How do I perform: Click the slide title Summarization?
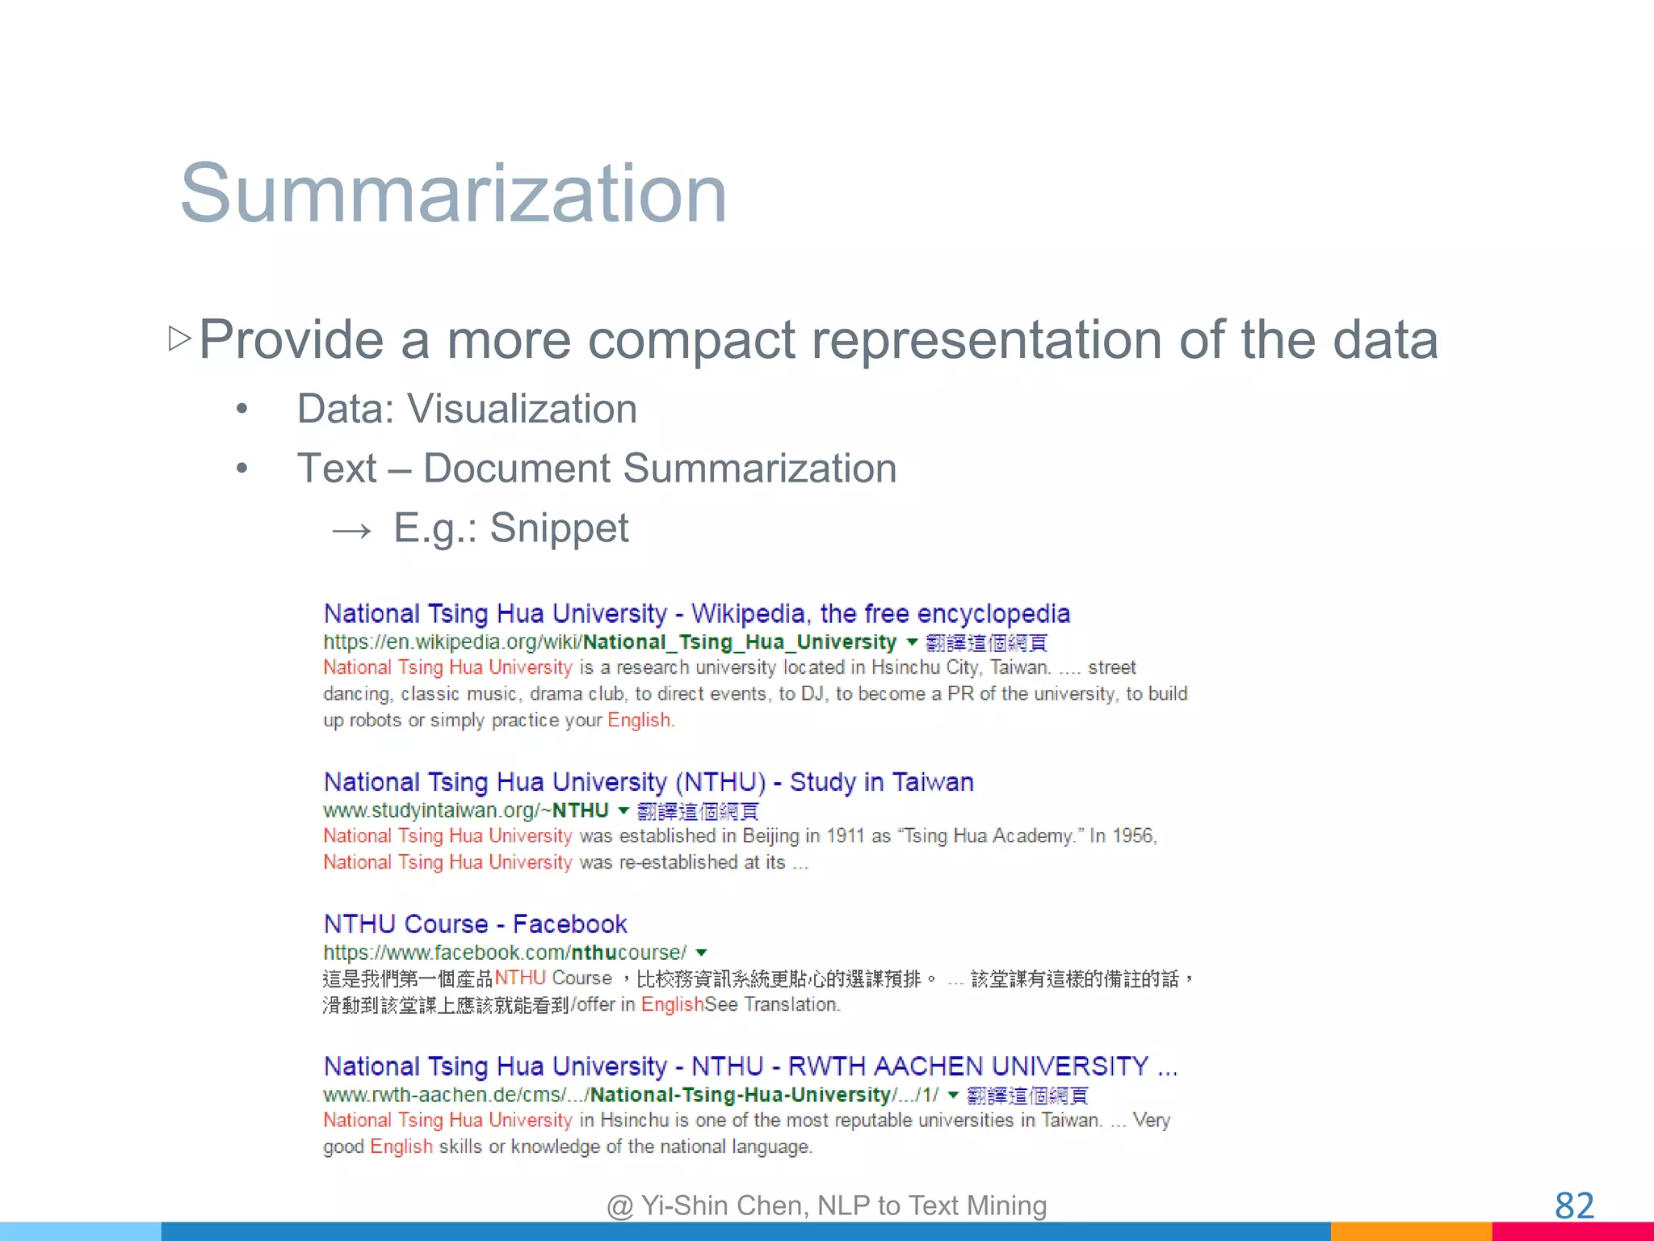click(x=453, y=194)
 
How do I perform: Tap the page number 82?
click(x=1574, y=1205)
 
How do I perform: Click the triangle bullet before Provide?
click(x=179, y=338)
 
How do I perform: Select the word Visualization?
click(x=522, y=409)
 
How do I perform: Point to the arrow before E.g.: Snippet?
click(x=352, y=531)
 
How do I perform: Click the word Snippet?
click(x=559, y=528)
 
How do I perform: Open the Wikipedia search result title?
click(x=696, y=614)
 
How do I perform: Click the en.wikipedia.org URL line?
click(x=609, y=642)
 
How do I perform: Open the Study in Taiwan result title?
click(x=648, y=782)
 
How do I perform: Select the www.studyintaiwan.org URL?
click(x=465, y=810)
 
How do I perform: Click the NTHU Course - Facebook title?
click(x=475, y=924)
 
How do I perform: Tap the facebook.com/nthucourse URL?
click(x=505, y=953)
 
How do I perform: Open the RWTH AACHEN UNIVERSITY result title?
click(x=749, y=1066)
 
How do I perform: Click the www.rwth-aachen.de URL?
click(x=630, y=1095)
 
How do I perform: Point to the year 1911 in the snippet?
click(x=846, y=836)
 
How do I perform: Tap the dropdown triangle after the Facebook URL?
click(x=701, y=953)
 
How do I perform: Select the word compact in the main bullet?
click(x=691, y=339)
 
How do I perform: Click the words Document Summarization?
click(x=659, y=469)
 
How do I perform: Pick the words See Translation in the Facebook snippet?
click(x=772, y=1005)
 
